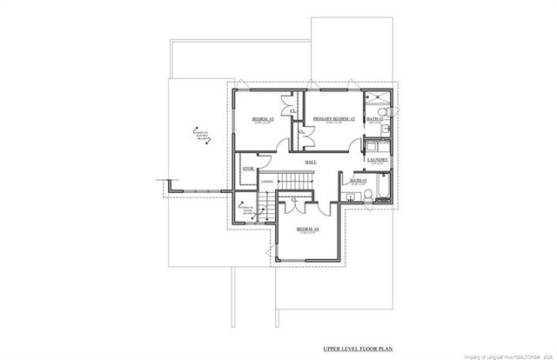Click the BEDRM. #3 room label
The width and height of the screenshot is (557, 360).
(263, 118)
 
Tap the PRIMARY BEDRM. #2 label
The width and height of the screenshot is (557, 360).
(333, 118)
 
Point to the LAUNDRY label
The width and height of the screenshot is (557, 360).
(377, 160)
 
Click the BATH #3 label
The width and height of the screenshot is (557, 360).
(357, 181)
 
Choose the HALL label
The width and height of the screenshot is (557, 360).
(310, 163)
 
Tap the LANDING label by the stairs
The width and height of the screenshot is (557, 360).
(266, 181)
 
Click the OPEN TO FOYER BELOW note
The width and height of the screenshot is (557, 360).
(247, 209)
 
